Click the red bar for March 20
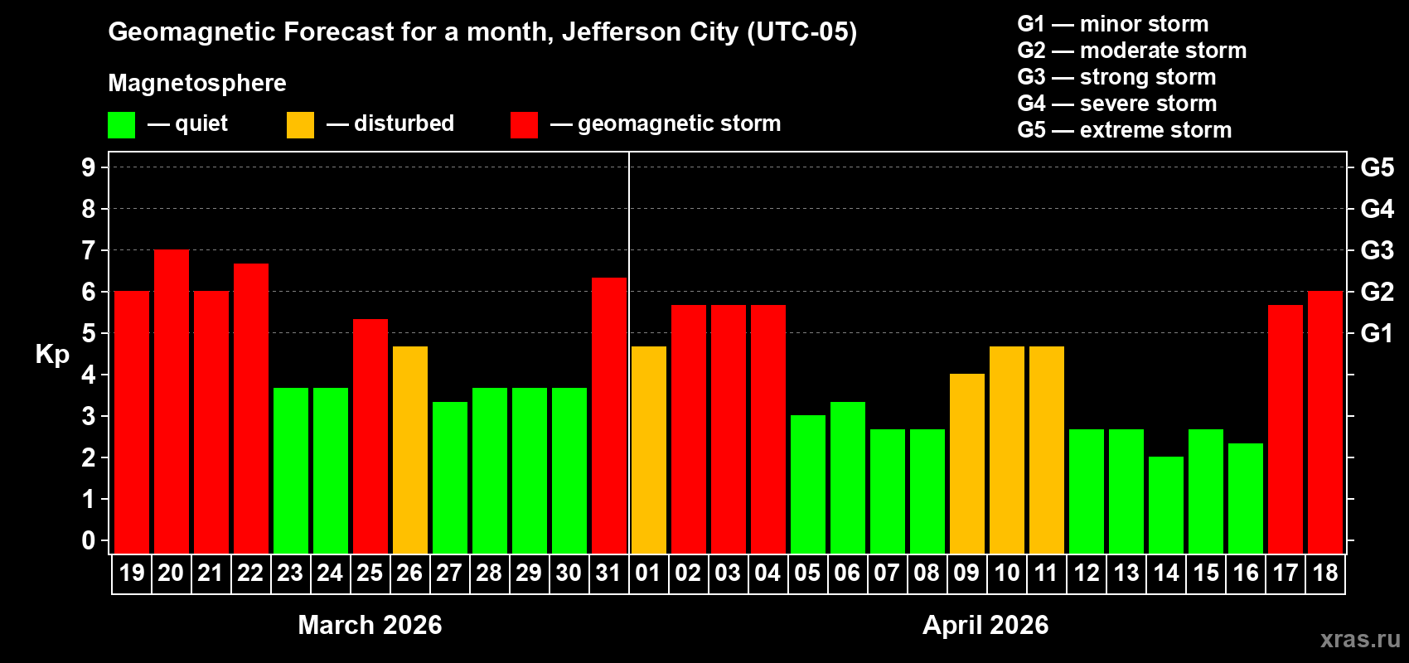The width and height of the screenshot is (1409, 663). pyautogui.click(x=172, y=402)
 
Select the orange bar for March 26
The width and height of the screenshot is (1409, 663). pyautogui.click(x=410, y=450)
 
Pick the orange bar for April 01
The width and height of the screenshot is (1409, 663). pyautogui.click(x=649, y=450)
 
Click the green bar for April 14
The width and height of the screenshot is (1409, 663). pyautogui.click(x=1166, y=506)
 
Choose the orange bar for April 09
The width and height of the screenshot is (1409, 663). pyautogui.click(x=967, y=464)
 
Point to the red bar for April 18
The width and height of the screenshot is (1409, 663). pyautogui.click(x=1325, y=423)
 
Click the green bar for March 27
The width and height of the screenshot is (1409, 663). pyautogui.click(x=450, y=478)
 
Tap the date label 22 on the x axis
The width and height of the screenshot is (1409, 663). pyautogui.click(x=250, y=573)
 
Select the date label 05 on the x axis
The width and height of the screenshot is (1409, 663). pyautogui.click(x=807, y=573)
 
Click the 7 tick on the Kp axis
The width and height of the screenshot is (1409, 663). pyautogui.click(x=89, y=250)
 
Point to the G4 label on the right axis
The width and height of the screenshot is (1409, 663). pyautogui.click(x=1377, y=209)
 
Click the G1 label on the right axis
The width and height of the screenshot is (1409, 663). pyautogui.click(x=1377, y=333)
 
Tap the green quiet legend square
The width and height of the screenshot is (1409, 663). pyautogui.click(x=122, y=125)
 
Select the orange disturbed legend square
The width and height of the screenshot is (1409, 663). pyautogui.click(x=301, y=125)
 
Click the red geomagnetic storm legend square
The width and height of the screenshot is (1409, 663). pyautogui.click(x=524, y=125)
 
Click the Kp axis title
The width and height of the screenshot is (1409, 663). pyautogui.click(x=52, y=354)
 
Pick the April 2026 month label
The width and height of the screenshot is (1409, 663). pyautogui.click(x=985, y=625)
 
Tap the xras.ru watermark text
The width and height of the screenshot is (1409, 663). pyautogui.click(x=1359, y=639)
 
